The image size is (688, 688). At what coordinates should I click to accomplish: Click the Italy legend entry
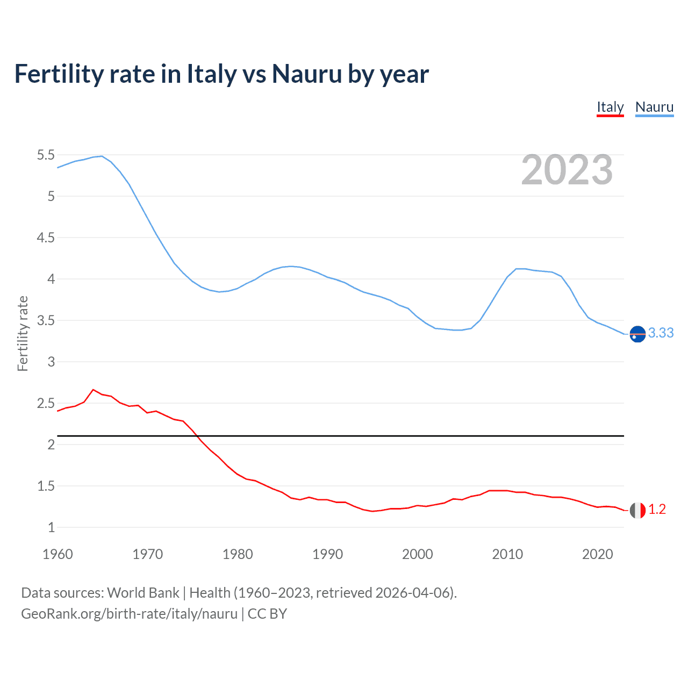(x=610, y=107)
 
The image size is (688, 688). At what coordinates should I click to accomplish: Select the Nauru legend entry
(x=654, y=107)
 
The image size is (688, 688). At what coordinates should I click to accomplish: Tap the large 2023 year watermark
(x=567, y=170)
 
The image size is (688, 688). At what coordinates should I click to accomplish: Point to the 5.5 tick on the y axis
(x=46, y=155)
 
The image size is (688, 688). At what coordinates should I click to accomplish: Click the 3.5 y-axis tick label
(x=46, y=321)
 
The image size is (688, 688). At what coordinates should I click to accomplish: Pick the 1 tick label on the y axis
(x=51, y=528)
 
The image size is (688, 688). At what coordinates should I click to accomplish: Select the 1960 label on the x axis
(x=58, y=554)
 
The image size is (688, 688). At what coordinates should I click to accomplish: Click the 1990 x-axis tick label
(x=327, y=554)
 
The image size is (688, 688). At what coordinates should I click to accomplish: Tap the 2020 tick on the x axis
(x=597, y=554)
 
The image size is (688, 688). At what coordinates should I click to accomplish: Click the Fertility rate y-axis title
(x=23, y=333)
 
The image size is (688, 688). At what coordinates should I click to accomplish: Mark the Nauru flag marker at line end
(x=637, y=334)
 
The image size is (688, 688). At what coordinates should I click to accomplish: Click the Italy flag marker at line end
(x=637, y=510)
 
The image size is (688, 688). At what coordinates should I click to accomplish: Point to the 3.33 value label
(x=661, y=333)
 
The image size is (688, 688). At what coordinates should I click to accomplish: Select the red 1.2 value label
(x=657, y=510)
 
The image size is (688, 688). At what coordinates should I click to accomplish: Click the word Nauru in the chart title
(x=306, y=74)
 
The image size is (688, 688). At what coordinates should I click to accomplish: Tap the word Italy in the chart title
(x=211, y=74)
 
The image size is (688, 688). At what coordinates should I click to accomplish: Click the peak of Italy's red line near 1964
(x=93, y=390)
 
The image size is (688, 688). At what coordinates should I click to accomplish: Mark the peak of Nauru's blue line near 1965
(x=102, y=156)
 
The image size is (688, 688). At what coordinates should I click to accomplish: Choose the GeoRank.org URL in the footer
(x=129, y=614)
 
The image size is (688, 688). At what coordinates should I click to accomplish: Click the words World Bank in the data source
(x=143, y=593)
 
